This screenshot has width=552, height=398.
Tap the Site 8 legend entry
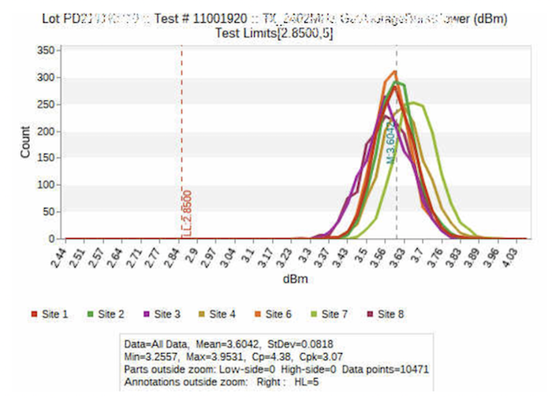[x=387, y=314]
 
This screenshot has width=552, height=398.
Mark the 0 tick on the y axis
[x=50, y=238]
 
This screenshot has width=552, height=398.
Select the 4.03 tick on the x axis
[x=511, y=256]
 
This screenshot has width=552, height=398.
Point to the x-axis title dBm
[x=293, y=280]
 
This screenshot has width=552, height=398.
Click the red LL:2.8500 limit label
[x=187, y=212]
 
